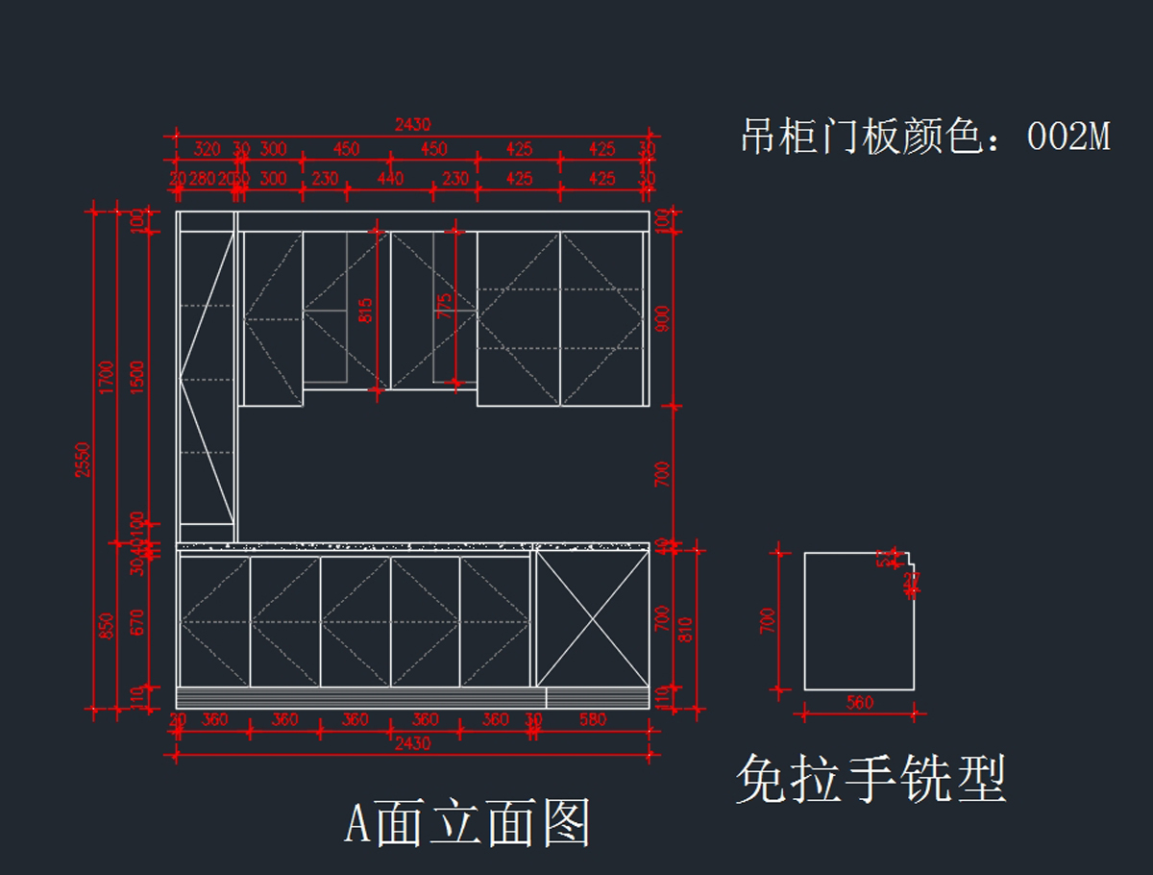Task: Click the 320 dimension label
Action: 207,149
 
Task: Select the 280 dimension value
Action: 202,179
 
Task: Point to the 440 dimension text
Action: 390,179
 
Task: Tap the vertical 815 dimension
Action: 365,310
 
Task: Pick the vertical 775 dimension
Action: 444,306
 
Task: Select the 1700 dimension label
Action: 106,376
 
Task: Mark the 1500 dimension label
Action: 137,376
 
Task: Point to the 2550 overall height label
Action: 82,460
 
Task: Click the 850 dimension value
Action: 106,626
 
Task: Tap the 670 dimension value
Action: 137,622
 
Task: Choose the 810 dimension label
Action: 685,630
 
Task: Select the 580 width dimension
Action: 593,719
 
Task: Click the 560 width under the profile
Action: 859,703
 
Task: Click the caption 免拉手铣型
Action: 871,779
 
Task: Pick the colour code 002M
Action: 1068,137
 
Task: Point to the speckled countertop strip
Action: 413,546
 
